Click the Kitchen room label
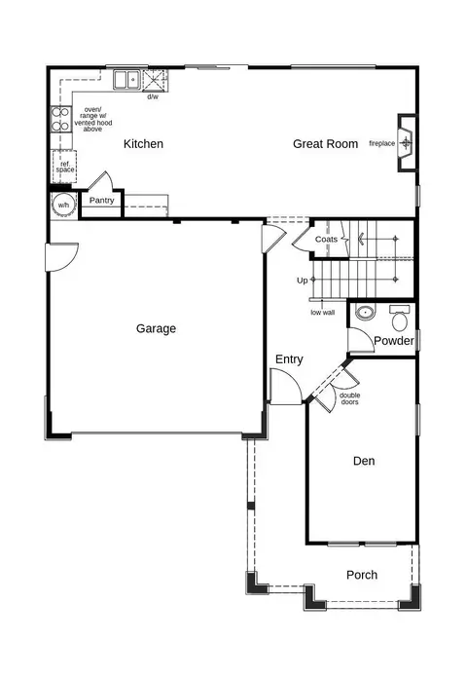[x=143, y=144]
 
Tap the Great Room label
[x=325, y=144]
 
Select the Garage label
[x=156, y=328]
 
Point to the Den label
[x=364, y=461]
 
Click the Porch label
[x=362, y=575]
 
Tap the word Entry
[x=289, y=359]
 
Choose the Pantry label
[x=101, y=201]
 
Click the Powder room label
[x=394, y=341]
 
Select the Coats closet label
[x=326, y=239]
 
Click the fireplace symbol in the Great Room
[x=406, y=142]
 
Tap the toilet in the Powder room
[x=400, y=318]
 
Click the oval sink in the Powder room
[x=366, y=312]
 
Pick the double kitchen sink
[x=127, y=80]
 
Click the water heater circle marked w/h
[x=63, y=205]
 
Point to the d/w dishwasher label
[x=153, y=96]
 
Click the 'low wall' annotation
[x=323, y=312]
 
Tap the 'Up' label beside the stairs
[x=302, y=281]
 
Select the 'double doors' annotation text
[x=350, y=398]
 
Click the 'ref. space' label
[x=65, y=167]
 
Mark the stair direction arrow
[x=362, y=239]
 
